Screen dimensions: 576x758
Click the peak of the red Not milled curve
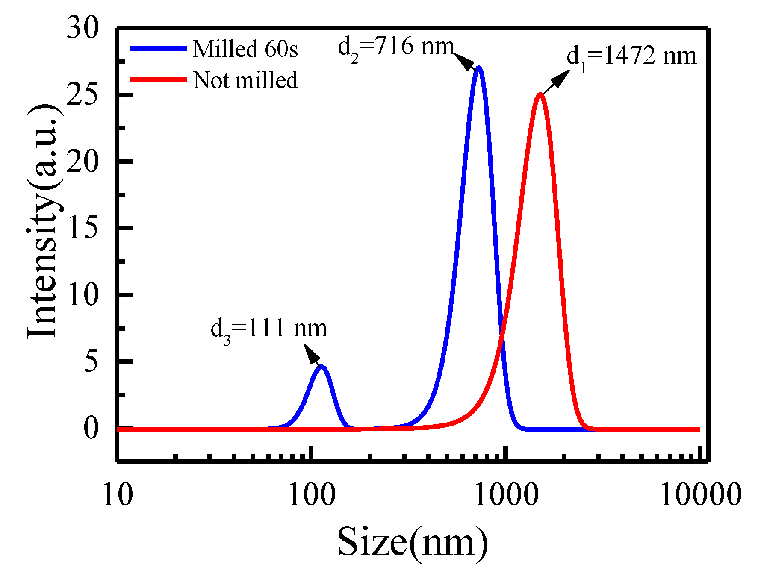pyautogui.click(x=540, y=94)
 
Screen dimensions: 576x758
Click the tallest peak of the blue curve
pyautogui.click(x=479, y=68)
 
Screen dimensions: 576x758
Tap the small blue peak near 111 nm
pyautogui.click(x=322, y=367)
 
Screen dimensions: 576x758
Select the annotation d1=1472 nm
pyautogui.click(x=631, y=57)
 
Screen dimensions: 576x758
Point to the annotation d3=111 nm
pyautogui.click(x=268, y=329)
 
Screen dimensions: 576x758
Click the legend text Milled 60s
pyautogui.click(x=245, y=49)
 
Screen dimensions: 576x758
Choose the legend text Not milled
pyautogui.click(x=245, y=80)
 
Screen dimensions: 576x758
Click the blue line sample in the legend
pyautogui.click(x=158, y=48)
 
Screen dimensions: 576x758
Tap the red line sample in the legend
pyautogui.click(x=158, y=80)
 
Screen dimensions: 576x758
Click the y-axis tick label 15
pyautogui.click(x=83, y=228)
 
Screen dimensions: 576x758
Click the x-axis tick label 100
pyautogui.click(x=312, y=496)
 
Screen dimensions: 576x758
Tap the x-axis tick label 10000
pyautogui.click(x=700, y=496)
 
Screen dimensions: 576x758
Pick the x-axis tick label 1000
pyautogui.click(x=506, y=496)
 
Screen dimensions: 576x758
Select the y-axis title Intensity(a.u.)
pyautogui.click(x=43, y=221)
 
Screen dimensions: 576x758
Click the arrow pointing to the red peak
pyautogui.click(x=557, y=82)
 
